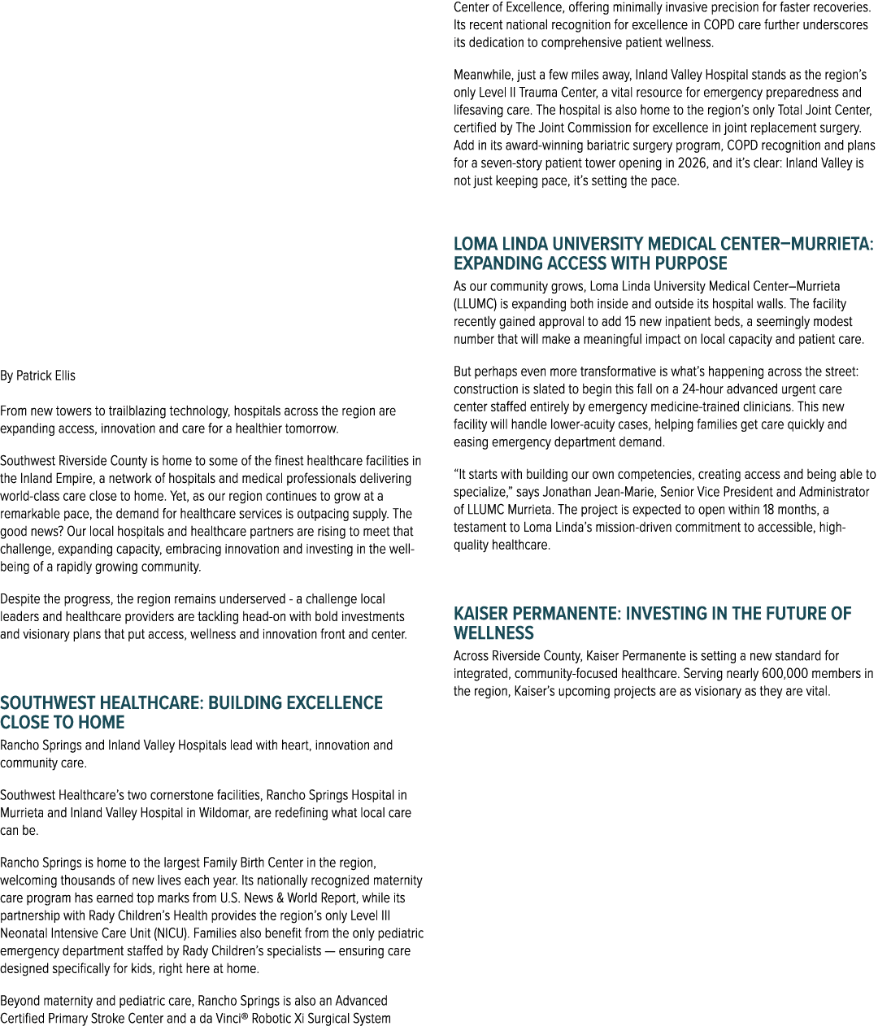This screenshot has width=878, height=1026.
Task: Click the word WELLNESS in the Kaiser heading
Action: [493, 633]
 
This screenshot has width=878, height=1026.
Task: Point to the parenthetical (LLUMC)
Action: [475, 304]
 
